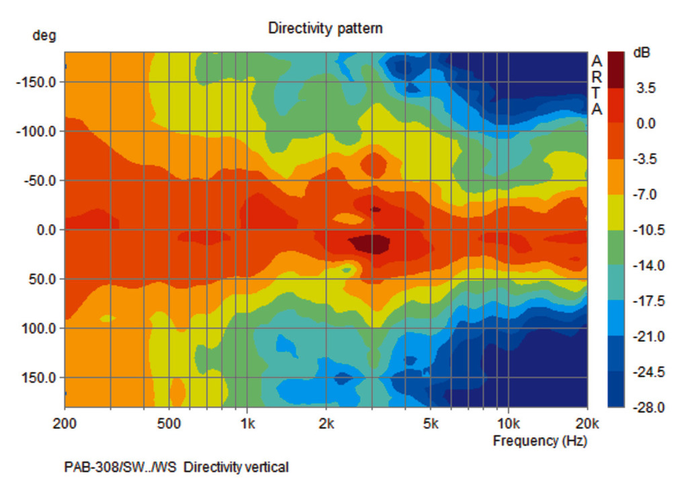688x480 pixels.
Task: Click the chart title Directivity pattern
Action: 325,28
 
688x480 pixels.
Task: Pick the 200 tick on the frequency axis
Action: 64,424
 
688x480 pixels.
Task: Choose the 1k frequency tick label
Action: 247,424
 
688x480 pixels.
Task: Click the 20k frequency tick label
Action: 587,424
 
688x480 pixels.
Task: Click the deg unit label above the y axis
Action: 44,35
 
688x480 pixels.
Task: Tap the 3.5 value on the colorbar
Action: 645,88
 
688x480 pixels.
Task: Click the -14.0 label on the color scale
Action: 646,266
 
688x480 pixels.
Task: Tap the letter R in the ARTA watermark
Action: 597,77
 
